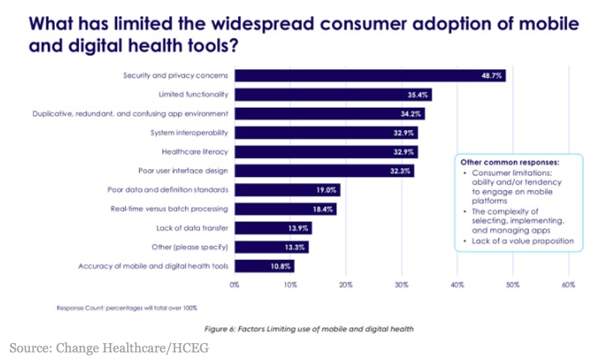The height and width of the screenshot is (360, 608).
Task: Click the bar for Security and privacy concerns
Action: tap(370, 76)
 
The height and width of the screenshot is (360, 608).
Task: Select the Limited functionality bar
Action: tap(333, 94)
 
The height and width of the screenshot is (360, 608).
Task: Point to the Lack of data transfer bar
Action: tap(273, 228)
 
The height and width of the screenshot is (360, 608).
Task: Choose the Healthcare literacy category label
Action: tap(195, 152)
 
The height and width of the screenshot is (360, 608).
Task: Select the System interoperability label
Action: tap(189, 133)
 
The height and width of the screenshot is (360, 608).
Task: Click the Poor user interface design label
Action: tap(182, 171)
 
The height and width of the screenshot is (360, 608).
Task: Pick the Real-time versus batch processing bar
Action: tap(285, 209)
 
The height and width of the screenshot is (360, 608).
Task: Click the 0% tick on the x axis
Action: tap(234, 285)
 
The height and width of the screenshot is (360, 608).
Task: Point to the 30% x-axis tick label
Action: tap(401, 285)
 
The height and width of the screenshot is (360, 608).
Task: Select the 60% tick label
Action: tap(568, 285)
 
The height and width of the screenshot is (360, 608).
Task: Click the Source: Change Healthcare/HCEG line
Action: tap(108, 348)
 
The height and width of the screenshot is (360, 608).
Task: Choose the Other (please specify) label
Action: tap(189, 247)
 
